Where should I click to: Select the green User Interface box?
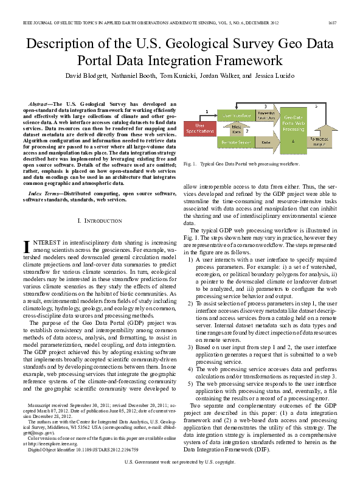(237, 115)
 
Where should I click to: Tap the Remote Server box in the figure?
(236, 142)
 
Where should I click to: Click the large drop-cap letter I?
(26, 246)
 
